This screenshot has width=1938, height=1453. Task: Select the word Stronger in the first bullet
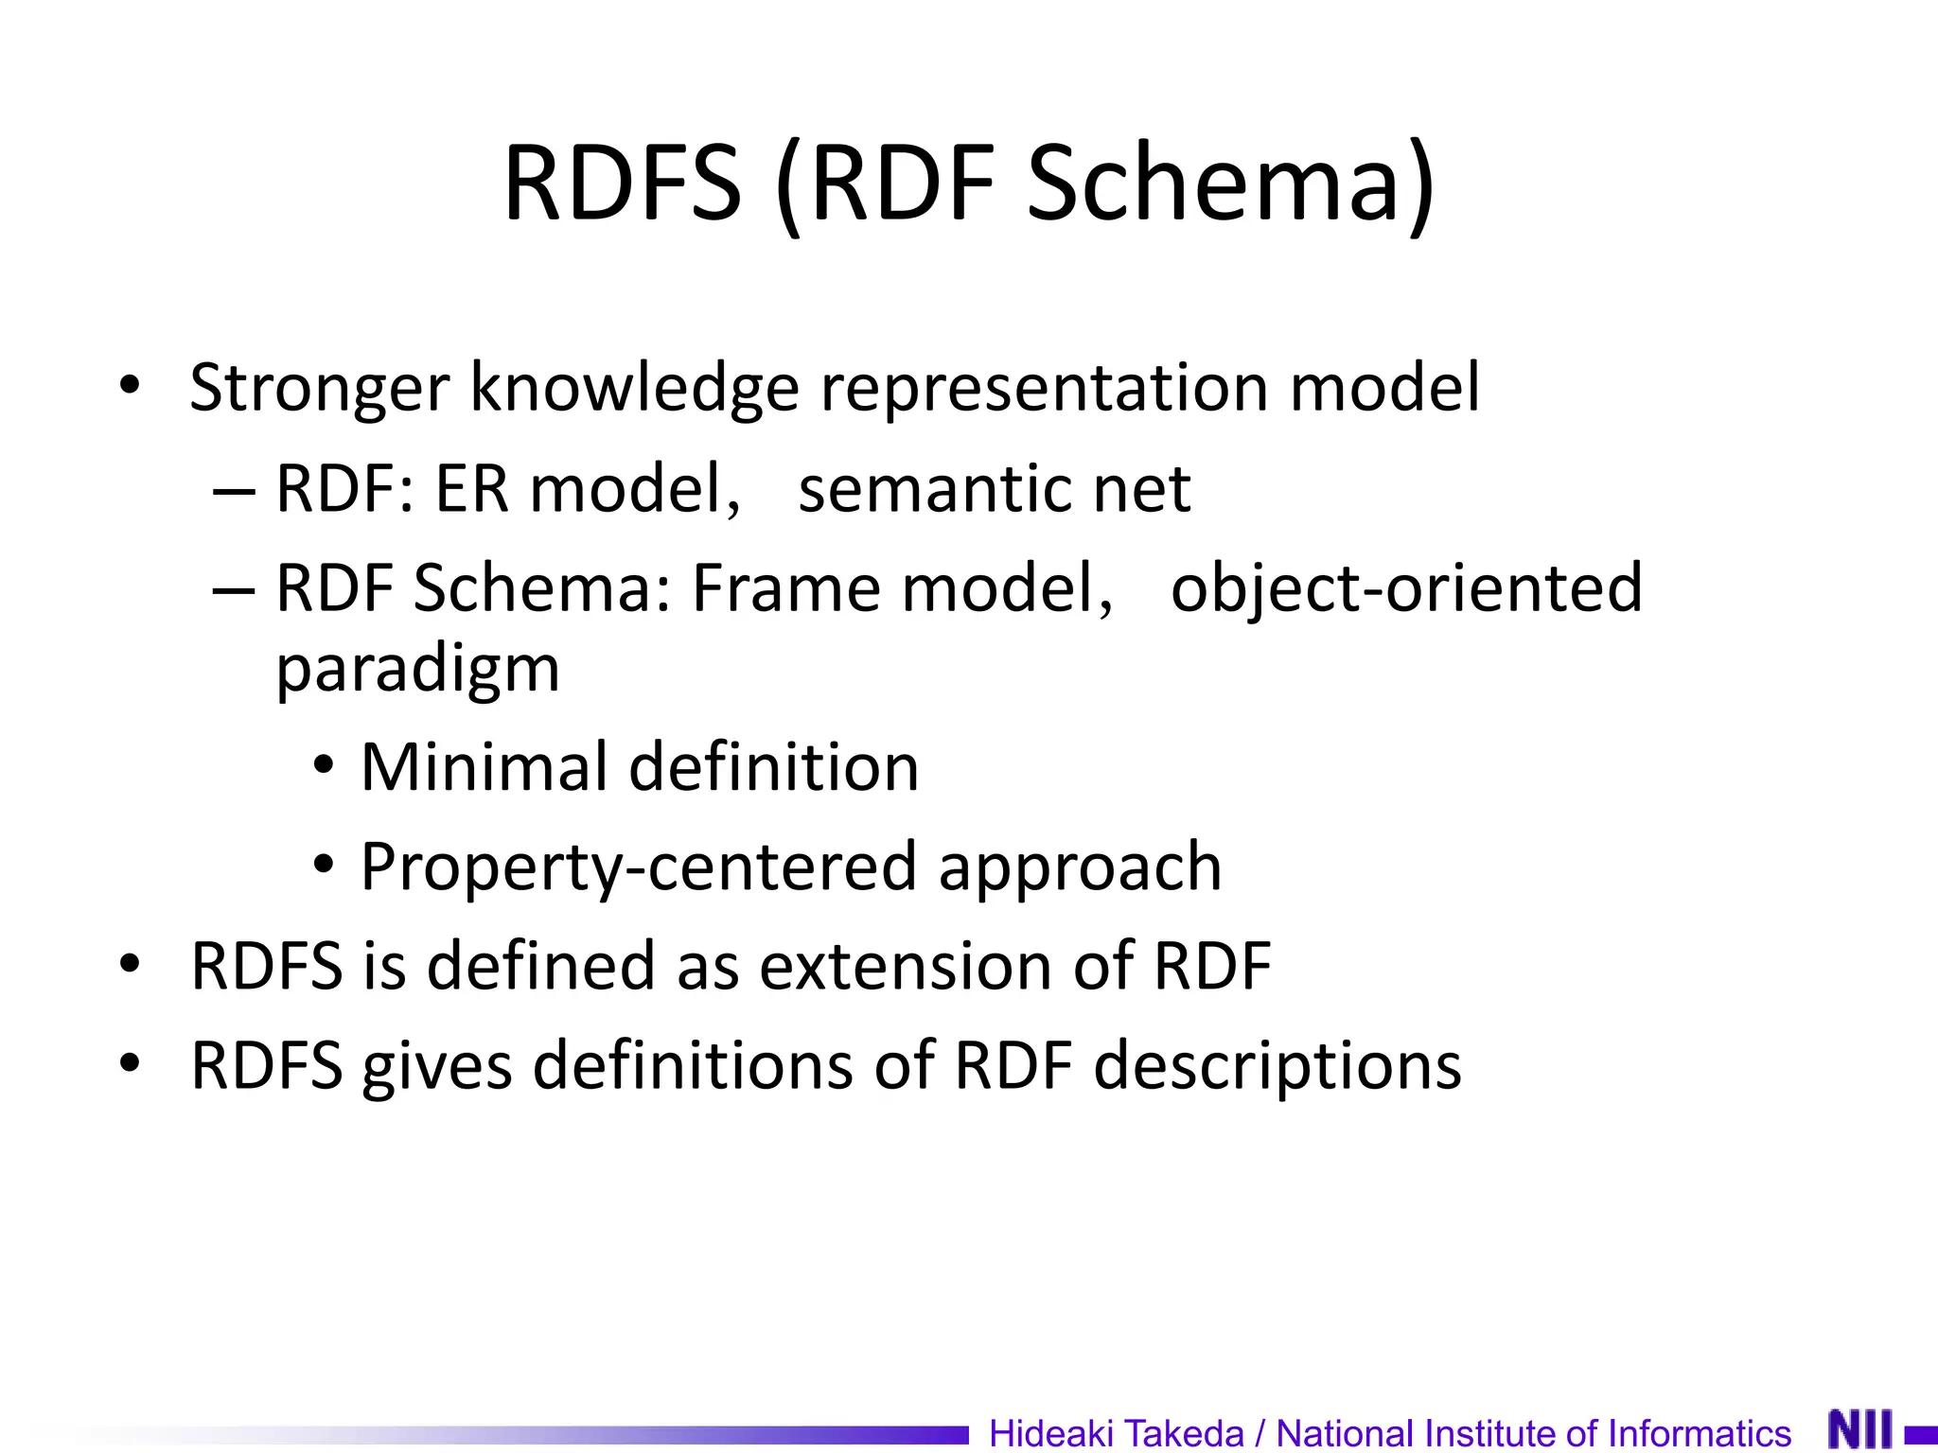pyautogui.click(x=319, y=389)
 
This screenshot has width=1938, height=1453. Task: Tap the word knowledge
pyautogui.click(x=635, y=389)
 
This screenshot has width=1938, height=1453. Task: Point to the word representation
pyautogui.click(x=1044, y=389)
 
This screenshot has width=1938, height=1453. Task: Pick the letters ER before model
pyautogui.click(x=470, y=489)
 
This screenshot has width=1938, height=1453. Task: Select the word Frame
pyautogui.click(x=784, y=588)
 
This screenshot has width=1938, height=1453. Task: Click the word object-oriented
pyautogui.click(x=1406, y=588)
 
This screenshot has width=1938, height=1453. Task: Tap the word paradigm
pyautogui.click(x=417, y=670)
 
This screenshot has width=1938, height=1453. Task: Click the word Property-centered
pyautogui.click(x=639, y=867)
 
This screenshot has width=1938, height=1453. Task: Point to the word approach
pyautogui.click(x=1080, y=867)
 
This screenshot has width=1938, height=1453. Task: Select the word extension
pyautogui.click(x=906, y=966)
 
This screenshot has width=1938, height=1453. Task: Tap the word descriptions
pyautogui.click(x=1277, y=1066)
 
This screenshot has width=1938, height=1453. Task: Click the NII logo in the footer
pyautogui.click(x=1859, y=1429)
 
